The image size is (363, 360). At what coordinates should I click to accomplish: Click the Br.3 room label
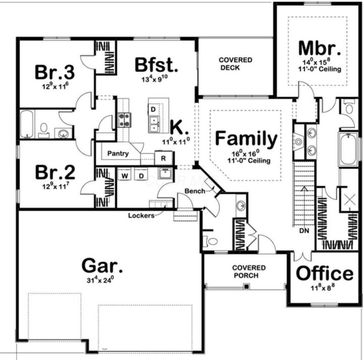(54, 72)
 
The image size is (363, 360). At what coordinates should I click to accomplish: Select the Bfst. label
(156, 65)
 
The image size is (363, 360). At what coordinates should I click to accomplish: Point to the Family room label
(246, 139)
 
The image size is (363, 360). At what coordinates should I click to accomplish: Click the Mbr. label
(320, 48)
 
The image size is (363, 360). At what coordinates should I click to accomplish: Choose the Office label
(324, 273)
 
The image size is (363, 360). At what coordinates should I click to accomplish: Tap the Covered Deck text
(235, 64)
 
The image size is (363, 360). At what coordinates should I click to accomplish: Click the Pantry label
(118, 154)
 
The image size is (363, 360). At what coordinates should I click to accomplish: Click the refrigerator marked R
(163, 158)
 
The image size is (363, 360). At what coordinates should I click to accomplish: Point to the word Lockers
(141, 215)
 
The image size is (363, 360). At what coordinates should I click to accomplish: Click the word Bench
(194, 191)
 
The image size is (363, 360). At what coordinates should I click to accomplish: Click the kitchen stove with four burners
(125, 119)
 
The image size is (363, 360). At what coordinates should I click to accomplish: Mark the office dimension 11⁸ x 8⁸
(324, 289)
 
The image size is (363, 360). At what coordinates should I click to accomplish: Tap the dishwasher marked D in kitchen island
(152, 109)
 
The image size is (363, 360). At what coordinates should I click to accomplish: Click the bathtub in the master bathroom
(348, 149)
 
